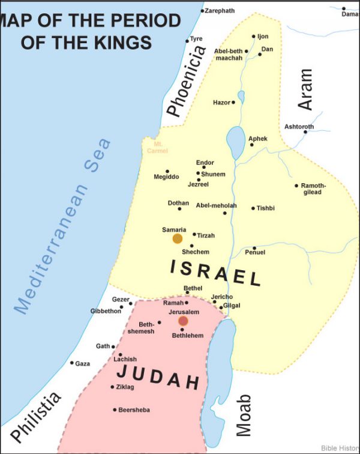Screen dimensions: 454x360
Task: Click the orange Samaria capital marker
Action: (178, 238)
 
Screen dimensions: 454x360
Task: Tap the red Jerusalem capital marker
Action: (183, 321)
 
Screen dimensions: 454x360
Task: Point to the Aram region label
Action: (306, 89)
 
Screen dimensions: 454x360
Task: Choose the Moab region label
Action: (243, 415)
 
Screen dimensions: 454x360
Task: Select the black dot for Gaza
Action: (72, 363)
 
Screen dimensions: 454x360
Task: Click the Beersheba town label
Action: (135, 410)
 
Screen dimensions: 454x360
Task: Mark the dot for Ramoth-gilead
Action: (296, 186)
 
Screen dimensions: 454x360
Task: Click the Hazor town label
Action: (221, 103)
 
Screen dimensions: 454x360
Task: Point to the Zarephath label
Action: (220, 11)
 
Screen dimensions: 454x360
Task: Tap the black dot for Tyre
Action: (187, 41)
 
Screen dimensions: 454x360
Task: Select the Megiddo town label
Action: (166, 177)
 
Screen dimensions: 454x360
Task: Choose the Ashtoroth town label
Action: (299, 127)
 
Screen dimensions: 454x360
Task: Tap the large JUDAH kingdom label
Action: (158, 377)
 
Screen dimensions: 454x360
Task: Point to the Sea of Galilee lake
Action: (235, 142)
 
